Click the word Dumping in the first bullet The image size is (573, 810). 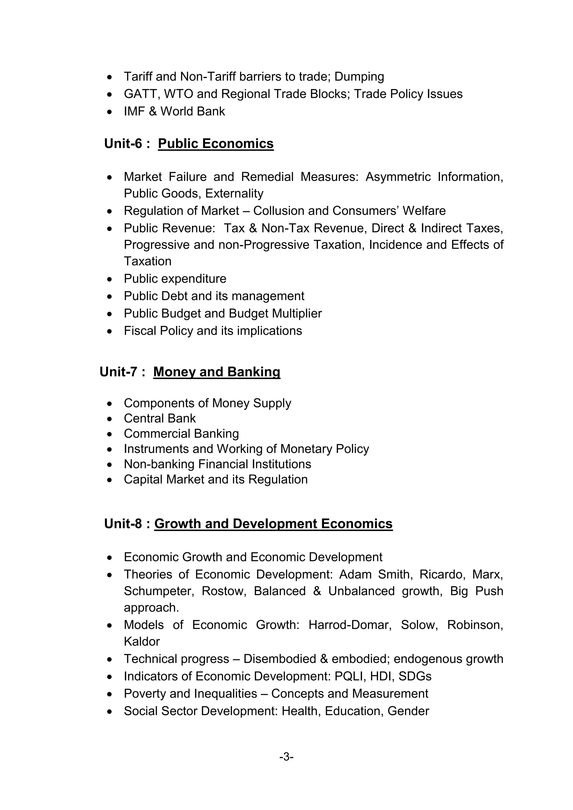(359, 77)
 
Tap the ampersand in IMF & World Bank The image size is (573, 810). (152, 112)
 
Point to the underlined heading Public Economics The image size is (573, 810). (216, 143)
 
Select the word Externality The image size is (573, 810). (234, 193)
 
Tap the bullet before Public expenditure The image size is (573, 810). (110, 279)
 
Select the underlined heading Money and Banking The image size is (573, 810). (217, 372)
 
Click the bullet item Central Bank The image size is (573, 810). (159, 418)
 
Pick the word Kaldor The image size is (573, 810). (142, 641)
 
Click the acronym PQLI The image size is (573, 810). (347, 676)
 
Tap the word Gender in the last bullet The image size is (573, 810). (408, 711)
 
